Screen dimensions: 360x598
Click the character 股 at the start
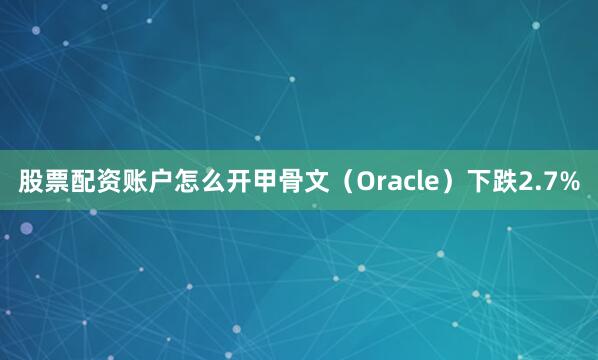(x=30, y=182)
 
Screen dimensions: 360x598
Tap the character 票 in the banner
(x=56, y=182)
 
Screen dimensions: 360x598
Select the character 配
(x=82, y=182)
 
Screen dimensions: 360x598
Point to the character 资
(x=108, y=182)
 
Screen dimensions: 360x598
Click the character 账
(x=134, y=182)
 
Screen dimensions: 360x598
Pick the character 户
(x=160, y=182)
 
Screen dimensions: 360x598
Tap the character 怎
(x=186, y=182)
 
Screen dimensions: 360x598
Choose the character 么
(x=212, y=182)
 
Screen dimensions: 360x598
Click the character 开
(x=238, y=182)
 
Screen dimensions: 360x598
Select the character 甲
(x=264, y=182)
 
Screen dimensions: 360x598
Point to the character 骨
(x=290, y=182)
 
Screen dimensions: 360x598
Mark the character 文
(x=316, y=182)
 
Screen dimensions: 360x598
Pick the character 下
(x=469, y=182)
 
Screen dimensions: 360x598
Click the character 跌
(x=495, y=182)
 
